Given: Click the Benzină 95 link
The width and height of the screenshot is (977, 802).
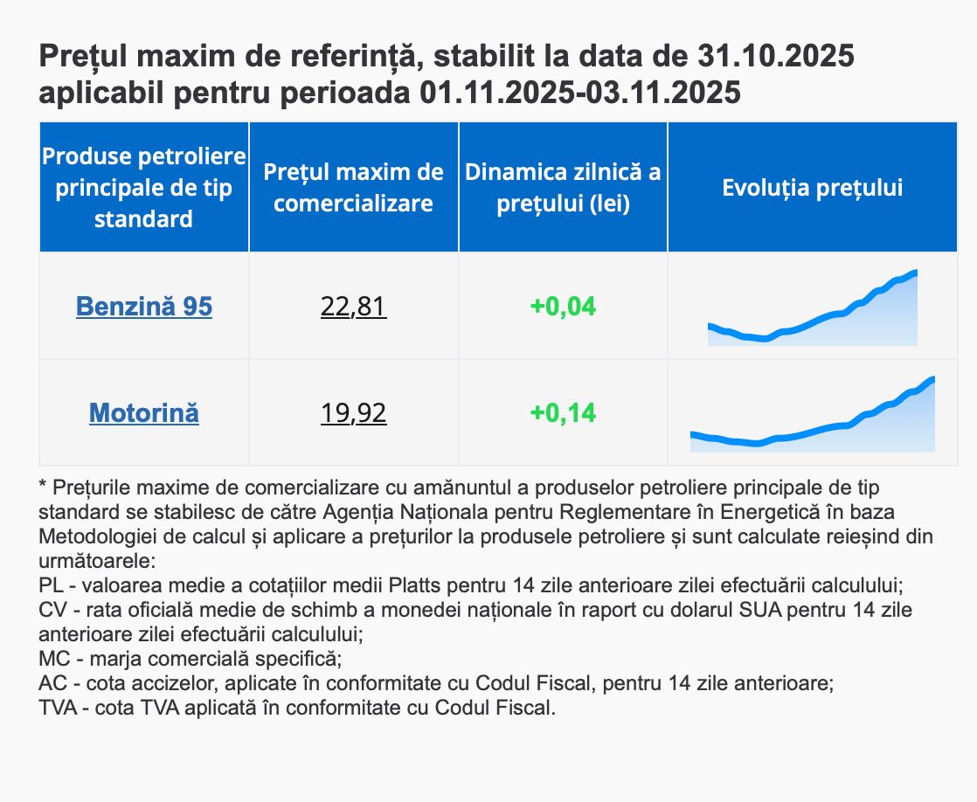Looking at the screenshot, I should point(144,307).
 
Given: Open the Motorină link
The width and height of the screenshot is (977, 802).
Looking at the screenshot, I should point(144,412).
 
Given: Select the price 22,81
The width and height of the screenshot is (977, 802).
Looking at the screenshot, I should point(354,307).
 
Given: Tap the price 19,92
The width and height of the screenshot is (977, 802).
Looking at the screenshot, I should point(354,412).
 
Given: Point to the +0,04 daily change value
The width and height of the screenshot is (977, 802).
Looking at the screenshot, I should point(563,307).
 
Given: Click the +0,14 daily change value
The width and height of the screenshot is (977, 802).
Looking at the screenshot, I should point(563,412).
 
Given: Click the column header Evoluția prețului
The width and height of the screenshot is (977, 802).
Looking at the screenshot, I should point(813,188).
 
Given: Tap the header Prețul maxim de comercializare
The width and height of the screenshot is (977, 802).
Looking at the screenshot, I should point(354,188).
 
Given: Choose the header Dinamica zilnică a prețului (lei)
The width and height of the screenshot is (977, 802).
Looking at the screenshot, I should point(563,188).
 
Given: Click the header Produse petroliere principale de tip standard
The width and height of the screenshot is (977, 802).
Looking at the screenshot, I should point(144,188).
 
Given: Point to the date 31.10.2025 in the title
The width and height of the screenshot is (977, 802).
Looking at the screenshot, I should point(776,58).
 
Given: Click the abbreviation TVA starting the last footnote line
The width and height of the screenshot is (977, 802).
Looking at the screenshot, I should point(58,708).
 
